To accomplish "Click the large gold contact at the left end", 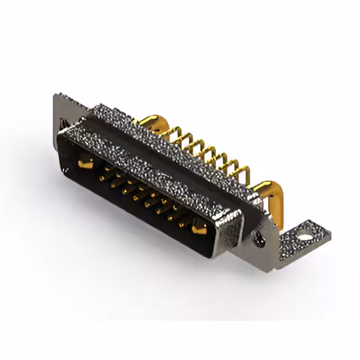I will (84, 164).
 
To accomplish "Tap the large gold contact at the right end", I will (199, 228).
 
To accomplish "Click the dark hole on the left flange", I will (64, 123).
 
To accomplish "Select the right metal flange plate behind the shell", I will (264, 236).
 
